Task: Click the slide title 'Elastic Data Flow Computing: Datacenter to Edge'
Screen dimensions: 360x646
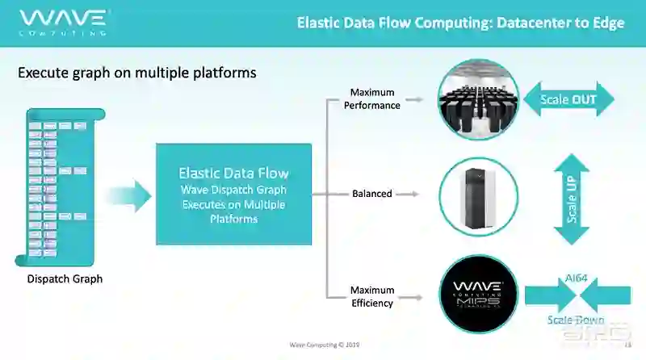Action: (x=460, y=23)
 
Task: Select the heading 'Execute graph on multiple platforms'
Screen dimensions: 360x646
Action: (x=137, y=73)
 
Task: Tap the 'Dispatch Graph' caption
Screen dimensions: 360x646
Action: (x=65, y=279)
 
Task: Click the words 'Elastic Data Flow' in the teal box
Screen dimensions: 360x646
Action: (x=233, y=173)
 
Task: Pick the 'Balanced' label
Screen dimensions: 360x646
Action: (x=372, y=194)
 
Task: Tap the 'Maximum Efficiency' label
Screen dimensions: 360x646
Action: (x=372, y=296)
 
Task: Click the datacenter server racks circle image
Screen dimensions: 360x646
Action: (x=478, y=100)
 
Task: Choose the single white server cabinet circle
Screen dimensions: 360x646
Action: (x=478, y=196)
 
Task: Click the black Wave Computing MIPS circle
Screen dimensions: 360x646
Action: (x=478, y=294)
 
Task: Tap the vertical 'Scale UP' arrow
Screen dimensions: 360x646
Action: (x=573, y=199)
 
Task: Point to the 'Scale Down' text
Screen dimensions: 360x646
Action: (x=575, y=320)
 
